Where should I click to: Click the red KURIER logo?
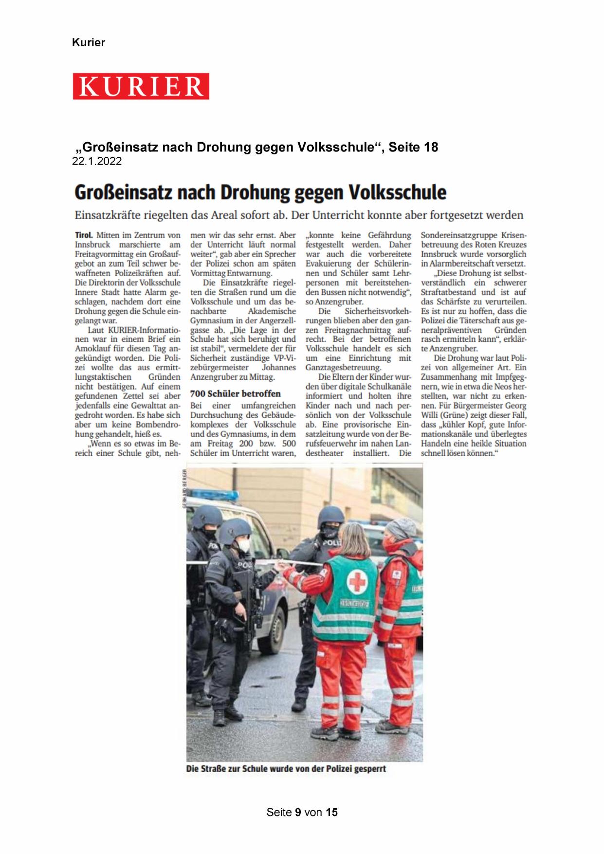click(141, 86)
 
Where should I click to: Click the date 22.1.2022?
click(97, 162)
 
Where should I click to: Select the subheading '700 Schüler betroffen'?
click(235, 393)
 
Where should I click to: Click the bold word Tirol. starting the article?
click(84, 235)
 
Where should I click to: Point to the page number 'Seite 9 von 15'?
click(302, 812)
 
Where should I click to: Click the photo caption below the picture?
click(286, 769)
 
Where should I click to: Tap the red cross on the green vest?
click(357, 581)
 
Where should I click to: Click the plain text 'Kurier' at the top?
click(88, 42)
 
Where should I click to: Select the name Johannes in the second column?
click(278, 368)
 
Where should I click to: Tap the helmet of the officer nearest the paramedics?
click(330, 516)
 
